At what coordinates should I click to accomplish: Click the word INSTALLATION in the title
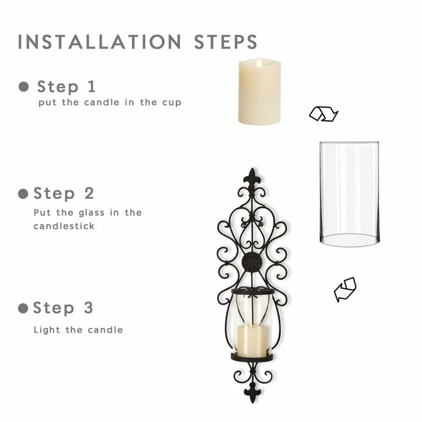click(x=99, y=42)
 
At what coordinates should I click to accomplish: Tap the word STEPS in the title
click(x=226, y=42)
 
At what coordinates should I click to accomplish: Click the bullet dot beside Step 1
click(x=24, y=87)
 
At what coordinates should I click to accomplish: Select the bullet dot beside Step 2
click(x=23, y=194)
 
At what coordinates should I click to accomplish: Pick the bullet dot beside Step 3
click(x=23, y=308)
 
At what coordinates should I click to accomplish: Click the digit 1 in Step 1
click(x=92, y=87)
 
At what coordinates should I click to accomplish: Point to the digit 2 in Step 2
click(x=89, y=193)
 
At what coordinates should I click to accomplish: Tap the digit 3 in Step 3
click(x=88, y=308)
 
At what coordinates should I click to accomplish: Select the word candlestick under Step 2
click(x=64, y=226)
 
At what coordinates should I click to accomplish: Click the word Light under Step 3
click(x=47, y=330)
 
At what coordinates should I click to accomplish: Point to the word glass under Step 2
click(x=91, y=213)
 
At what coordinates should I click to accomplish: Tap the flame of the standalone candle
click(x=259, y=63)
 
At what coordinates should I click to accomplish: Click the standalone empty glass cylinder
click(x=349, y=194)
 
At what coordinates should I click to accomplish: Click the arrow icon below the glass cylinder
click(x=345, y=290)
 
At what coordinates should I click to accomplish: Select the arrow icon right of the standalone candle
click(x=323, y=114)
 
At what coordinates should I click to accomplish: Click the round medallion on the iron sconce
click(x=252, y=262)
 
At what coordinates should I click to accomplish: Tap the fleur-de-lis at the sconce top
click(x=252, y=178)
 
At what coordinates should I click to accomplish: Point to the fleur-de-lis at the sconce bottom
click(x=253, y=394)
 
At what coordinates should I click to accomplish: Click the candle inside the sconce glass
click(x=252, y=340)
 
